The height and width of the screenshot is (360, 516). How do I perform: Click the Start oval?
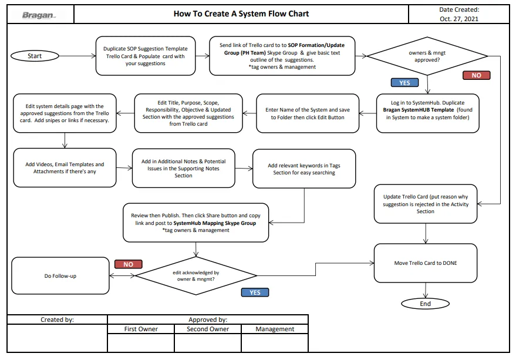point(35,56)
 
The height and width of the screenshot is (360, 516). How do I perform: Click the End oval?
point(425,304)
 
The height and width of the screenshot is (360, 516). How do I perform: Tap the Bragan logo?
point(39,15)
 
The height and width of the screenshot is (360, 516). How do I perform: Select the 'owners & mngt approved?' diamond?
point(427,56)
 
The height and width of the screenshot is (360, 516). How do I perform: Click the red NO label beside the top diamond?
point(477,75)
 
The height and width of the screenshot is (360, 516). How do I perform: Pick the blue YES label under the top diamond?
point(405,83)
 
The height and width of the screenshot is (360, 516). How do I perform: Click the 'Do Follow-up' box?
point(60,275)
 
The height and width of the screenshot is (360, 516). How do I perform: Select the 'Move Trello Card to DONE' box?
point(426,263)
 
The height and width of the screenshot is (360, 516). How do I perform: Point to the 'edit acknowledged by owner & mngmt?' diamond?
point(196,275)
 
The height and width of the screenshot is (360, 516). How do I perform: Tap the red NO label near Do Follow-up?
point(129,264)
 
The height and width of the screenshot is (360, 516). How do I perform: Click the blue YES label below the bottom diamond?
point(255,292)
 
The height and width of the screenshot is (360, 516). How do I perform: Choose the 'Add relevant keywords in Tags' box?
point(304,169)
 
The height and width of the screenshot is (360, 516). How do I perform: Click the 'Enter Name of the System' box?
point(308,113)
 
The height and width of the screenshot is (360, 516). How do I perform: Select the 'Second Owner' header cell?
point(208,329)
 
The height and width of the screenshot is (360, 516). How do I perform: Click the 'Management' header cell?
point(275,329)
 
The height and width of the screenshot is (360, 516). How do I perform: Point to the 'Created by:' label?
point(58,319)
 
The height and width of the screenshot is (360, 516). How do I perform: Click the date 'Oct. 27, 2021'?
point(459,19)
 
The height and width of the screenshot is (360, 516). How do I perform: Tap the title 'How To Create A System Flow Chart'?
point(241,14)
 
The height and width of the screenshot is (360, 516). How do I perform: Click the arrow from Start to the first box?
point(77,56)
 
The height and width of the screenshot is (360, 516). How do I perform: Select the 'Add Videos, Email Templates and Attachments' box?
point(65,167)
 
